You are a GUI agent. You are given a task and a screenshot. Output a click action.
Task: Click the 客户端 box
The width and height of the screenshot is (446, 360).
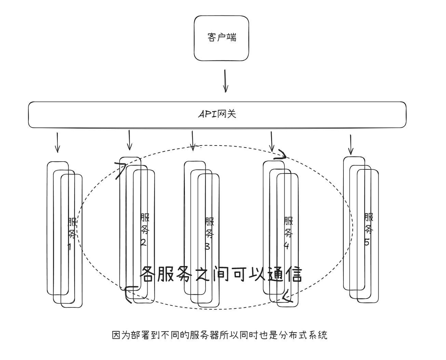point(221,38)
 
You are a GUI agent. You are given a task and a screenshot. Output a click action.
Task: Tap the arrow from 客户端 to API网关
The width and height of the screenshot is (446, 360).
point(225,81)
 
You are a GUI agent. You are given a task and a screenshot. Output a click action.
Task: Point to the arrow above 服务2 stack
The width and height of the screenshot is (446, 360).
point(129,140)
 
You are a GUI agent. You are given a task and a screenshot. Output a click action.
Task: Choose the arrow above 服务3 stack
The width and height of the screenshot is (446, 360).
point(192,140)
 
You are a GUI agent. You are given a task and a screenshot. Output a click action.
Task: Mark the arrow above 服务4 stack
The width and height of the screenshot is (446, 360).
point(271,141)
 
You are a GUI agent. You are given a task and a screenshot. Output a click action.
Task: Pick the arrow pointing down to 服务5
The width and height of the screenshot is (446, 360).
point(350,144)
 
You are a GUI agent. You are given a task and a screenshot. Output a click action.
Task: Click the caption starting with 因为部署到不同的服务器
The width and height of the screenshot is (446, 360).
point(220,335)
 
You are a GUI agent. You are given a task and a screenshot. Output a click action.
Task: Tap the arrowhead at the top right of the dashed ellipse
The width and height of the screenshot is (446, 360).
point(282,155)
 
